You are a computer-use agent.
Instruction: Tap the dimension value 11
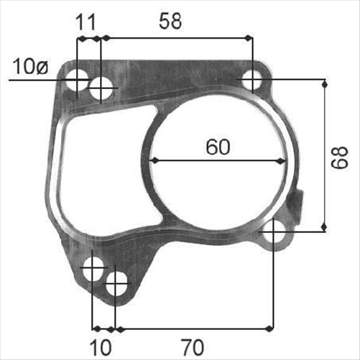point(86,22)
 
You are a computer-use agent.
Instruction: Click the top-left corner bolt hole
point(78,79)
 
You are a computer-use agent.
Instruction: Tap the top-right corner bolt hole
point(252,80)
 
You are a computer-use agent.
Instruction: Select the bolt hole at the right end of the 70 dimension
point(273,233)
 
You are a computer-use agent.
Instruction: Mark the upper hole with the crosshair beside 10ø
point(103,89)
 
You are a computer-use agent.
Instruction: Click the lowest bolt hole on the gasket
point(116,284)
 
